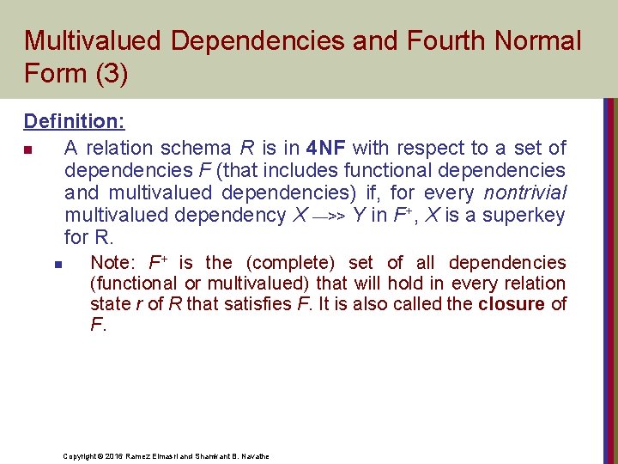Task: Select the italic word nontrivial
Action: (524, 193)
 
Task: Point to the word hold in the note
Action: (404, 284)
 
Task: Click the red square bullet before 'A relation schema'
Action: (28, 150)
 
